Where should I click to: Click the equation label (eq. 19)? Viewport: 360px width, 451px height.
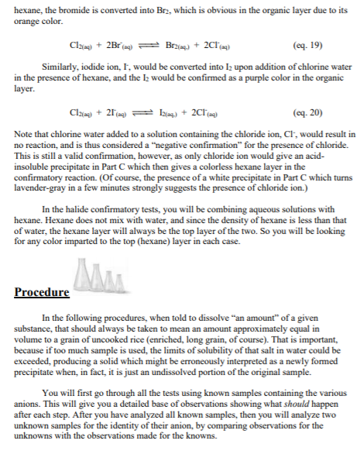click(308, 46)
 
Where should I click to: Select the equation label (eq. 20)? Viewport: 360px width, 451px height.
click(308, 113)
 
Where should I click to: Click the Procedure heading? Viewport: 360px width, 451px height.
click(42, 292)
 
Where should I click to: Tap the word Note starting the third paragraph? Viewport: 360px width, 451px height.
click(23, 136)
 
